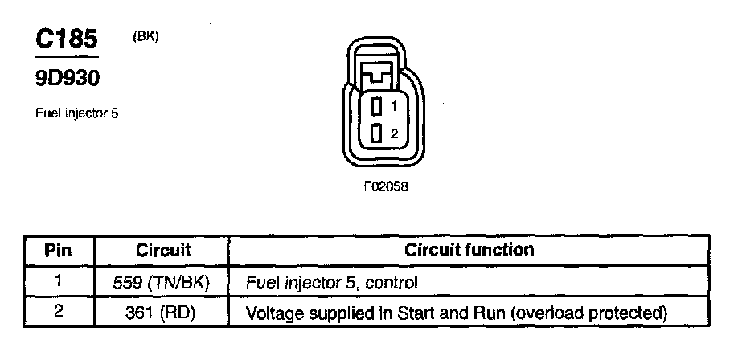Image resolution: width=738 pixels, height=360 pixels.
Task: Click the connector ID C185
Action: (67, 40)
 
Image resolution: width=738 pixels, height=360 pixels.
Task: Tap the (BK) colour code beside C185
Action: (146, 36)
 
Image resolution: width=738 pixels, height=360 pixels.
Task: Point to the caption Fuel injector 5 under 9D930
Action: (77, 113)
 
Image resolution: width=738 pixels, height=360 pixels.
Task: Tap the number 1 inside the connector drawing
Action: (394, 105)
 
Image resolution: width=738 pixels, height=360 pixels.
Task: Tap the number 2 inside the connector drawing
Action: (394, 134)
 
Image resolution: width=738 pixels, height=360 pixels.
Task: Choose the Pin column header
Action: (58, 251)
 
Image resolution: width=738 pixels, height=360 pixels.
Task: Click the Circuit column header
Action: (162, 251)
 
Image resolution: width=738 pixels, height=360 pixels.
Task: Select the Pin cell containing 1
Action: (58, 281)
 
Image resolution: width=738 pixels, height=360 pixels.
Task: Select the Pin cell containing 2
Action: (58, 311)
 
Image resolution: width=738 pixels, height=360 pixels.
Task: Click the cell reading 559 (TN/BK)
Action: (162, 283)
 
